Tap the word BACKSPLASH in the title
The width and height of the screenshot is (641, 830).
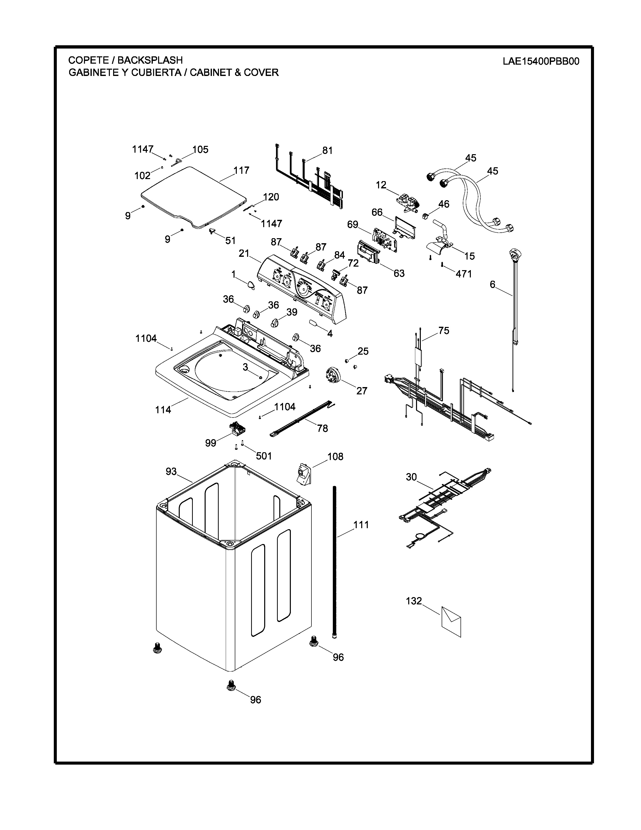click(150, 60)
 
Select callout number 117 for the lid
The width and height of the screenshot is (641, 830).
click(242, 170)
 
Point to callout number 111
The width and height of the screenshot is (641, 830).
click(361, 525)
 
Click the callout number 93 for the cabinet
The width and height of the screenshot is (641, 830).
click(171, 471)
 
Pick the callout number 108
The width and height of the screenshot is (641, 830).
click(335, 456)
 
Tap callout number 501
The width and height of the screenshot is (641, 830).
click(264, 456)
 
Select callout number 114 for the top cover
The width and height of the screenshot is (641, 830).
click(163, 410)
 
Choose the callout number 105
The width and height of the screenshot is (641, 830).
click(201, 149)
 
